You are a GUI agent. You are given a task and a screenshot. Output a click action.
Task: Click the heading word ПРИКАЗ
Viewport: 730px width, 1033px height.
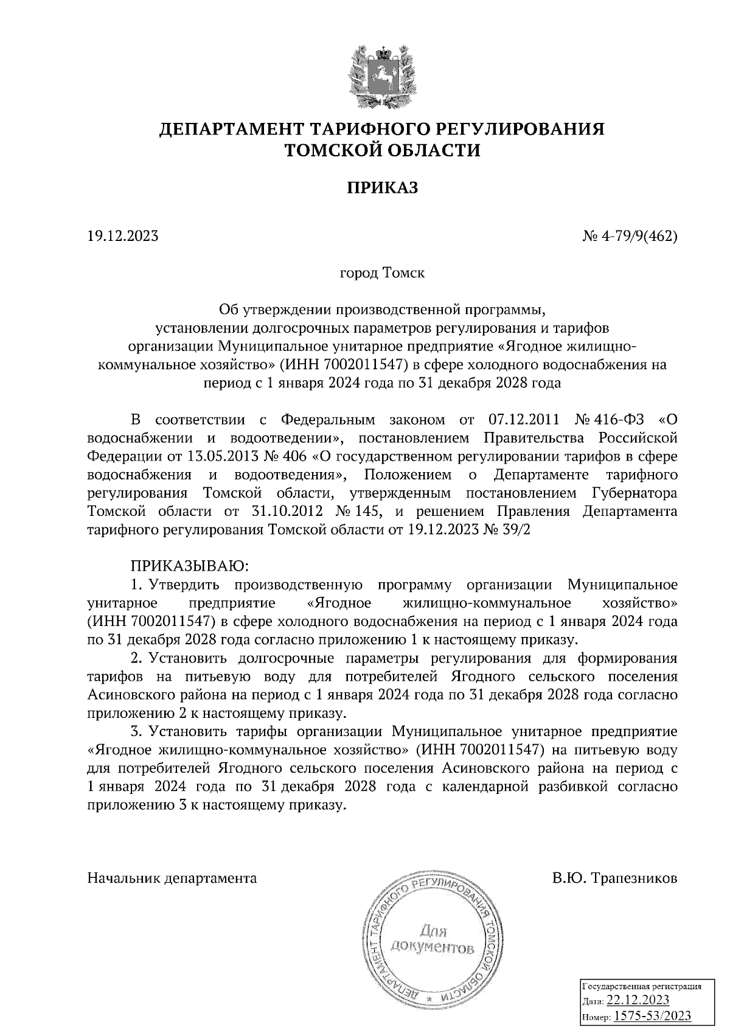click(383, 189)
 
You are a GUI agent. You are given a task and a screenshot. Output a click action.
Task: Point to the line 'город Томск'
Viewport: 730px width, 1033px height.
click(382, 273)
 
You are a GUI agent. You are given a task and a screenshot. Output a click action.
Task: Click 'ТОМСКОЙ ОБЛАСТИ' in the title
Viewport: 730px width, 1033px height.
click(383, 150)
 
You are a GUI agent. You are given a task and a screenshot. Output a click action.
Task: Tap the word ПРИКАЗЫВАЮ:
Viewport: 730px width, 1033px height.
click(189, 566)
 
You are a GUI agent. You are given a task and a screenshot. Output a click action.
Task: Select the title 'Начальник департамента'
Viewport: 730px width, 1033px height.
click(172, 878)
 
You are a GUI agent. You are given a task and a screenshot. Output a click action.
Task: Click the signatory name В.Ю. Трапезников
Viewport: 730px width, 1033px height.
click(615, 878)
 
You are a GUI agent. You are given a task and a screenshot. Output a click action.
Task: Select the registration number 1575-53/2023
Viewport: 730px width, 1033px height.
click(652, 1016)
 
